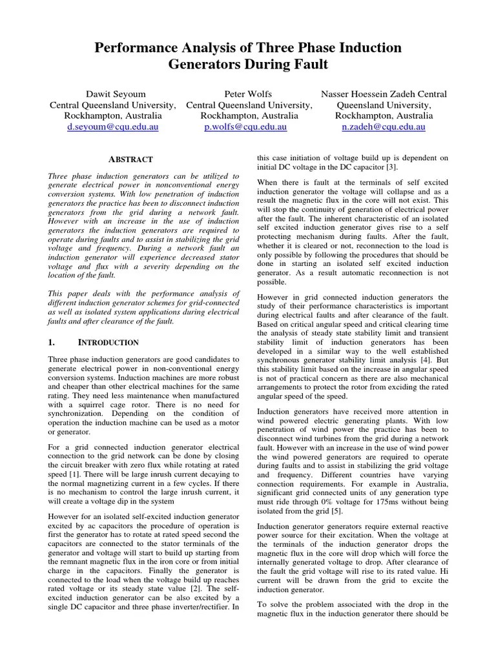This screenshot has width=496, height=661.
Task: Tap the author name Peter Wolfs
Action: click(249, 94)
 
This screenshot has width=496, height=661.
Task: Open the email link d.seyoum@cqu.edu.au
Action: click(112, 127)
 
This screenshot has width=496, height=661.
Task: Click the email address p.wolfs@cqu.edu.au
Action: click(249, 127)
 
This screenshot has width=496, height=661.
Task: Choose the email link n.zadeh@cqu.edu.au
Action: click(383, 127)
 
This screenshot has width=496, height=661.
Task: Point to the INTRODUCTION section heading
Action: click(108, 342)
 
